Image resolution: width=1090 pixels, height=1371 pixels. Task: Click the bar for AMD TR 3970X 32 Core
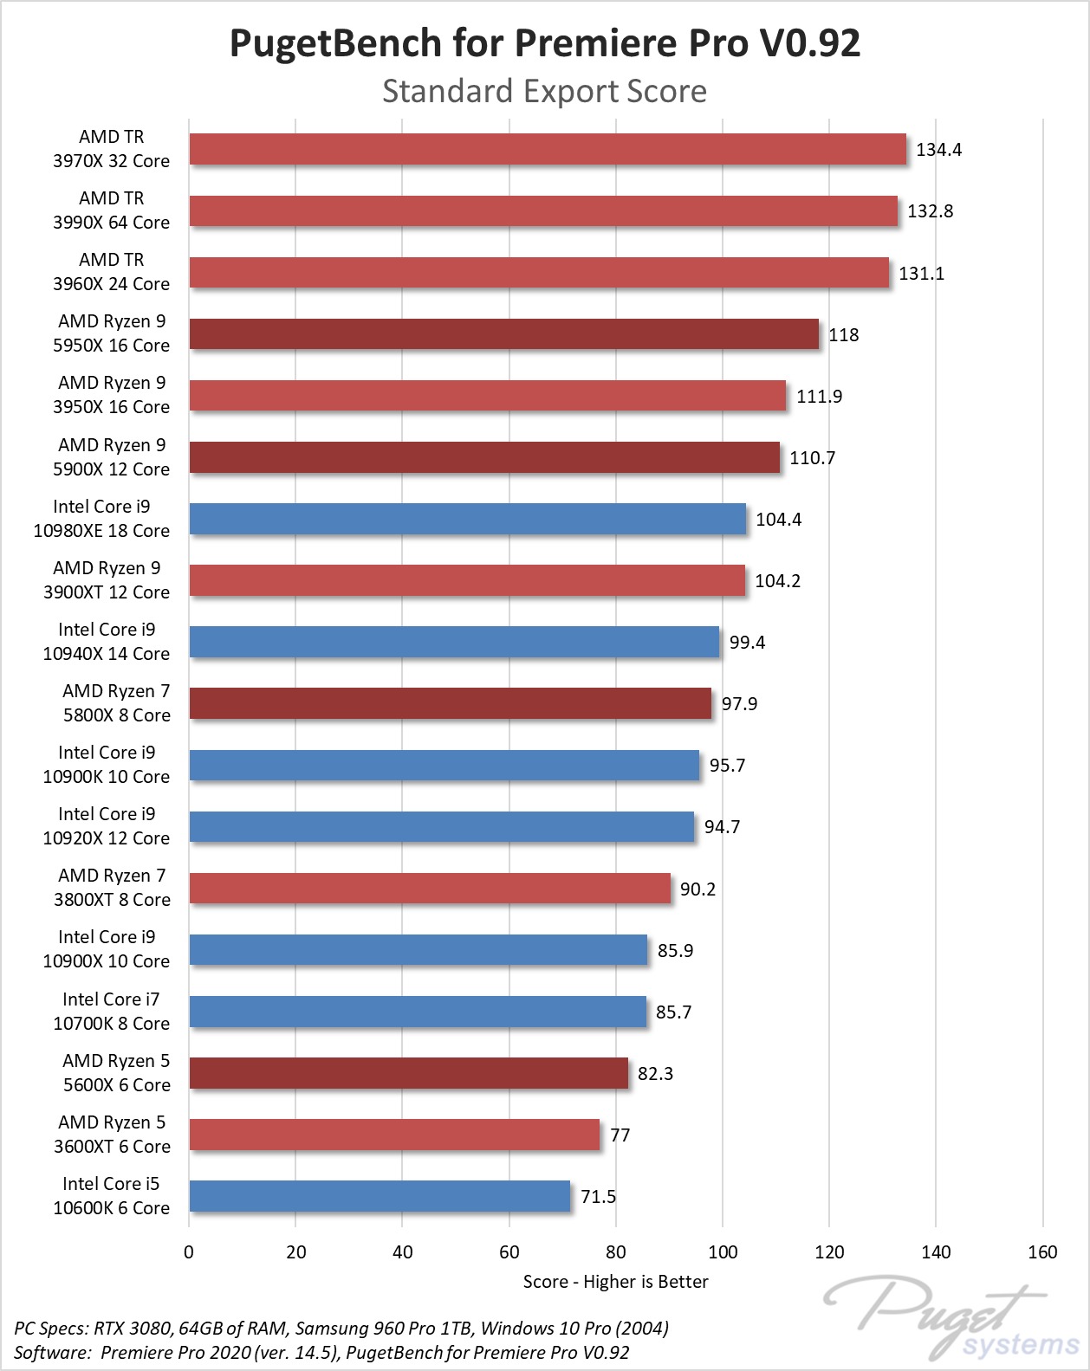548,149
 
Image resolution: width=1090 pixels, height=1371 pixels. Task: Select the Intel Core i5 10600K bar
380,1196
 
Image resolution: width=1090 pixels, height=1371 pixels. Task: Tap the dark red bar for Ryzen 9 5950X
503,334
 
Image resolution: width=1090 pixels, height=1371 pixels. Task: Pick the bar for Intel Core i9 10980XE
467,519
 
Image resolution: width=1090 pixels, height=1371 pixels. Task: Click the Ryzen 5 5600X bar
408,1073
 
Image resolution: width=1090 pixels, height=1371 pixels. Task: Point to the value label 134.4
938,150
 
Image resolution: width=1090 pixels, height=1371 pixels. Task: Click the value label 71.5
598,1197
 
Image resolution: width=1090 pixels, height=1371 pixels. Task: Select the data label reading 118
843,335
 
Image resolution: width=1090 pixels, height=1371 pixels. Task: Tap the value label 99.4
747,643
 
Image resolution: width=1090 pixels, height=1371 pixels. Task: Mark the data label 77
620,1135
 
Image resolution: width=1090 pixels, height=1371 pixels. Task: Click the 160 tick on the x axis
1042,1252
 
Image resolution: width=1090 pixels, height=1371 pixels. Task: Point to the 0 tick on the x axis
189,1252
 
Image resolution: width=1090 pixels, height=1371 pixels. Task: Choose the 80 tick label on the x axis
616,1252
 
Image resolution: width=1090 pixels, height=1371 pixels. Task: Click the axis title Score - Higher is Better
615,1282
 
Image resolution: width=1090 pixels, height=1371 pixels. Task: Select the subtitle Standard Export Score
544,91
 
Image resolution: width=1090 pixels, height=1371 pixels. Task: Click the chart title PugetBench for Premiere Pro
544,43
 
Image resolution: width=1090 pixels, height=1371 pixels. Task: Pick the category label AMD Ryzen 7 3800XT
112,888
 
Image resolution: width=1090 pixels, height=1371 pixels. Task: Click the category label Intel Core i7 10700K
111,1012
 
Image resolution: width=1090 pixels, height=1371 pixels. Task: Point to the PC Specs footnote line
341,1328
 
